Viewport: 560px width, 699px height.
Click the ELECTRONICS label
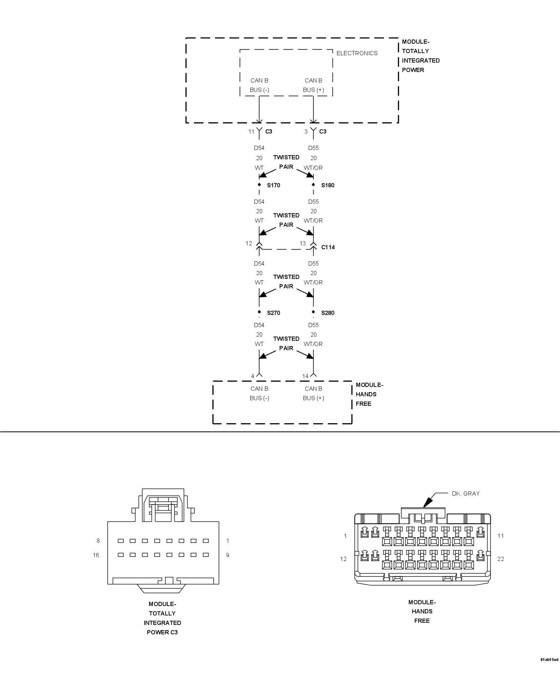pos(357,53)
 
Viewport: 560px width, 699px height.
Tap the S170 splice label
pos(273,185)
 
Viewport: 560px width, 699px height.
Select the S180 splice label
pos(328,185)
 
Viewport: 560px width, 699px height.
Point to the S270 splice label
pos(273,313)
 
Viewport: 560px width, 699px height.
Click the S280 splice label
pos(328,313)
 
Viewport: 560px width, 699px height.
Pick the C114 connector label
pos(328,247)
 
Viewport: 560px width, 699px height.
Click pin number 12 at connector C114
pos(248,243)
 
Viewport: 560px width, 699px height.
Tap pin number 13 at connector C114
pos(303,243)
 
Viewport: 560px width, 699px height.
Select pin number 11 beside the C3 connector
pos(251,131)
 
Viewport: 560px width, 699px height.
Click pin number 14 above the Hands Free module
pos(305,376)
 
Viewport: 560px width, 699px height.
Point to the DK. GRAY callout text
pos(465,493)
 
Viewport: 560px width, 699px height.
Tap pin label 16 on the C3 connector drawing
pos(96,555)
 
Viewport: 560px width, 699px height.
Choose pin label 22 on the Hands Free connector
pos(500,559)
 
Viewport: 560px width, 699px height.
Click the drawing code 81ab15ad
pos(549,669)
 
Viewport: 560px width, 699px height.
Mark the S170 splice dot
pos(259,185)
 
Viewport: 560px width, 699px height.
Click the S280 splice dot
pos(313,312)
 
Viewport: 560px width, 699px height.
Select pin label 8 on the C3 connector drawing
pos(98,541)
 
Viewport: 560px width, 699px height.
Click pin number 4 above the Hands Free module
pos(252,376)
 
